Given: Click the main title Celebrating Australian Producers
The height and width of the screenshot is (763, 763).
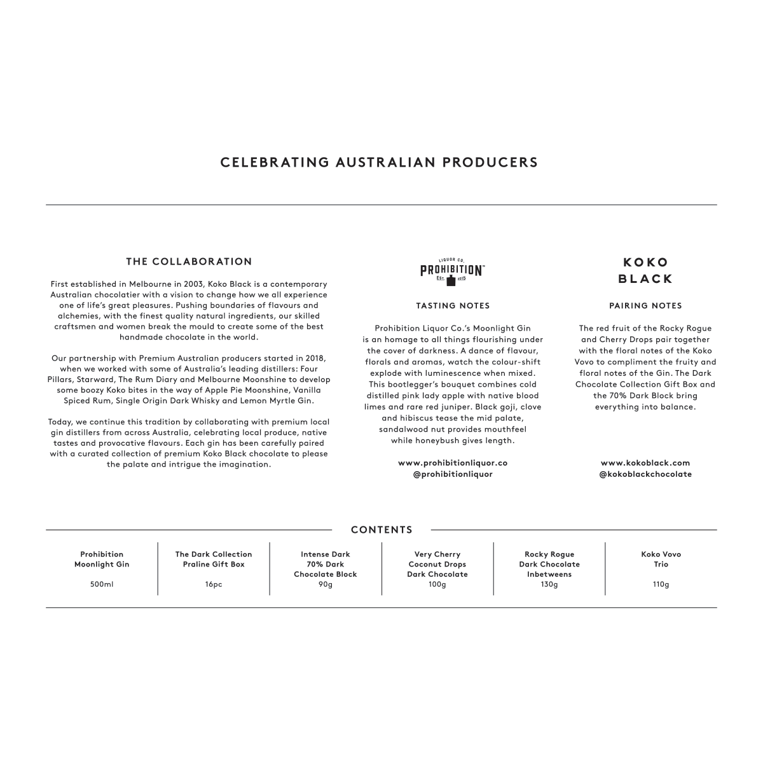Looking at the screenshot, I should [379, 162].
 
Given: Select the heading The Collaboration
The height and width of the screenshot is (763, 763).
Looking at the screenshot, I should [189, 261].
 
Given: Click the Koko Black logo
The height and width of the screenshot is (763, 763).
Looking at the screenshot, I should [645, 270].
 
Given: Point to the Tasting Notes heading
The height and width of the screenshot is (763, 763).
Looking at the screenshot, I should [453, 306].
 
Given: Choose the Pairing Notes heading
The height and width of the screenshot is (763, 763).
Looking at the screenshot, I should [645, 306].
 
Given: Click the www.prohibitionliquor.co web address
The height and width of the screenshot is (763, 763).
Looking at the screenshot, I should [453, 463].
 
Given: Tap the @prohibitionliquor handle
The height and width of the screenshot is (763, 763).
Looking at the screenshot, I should [453, 474].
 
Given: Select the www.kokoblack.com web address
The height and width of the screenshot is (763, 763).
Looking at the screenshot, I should [645, 463].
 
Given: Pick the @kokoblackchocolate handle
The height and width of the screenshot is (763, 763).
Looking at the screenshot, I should [645, 474].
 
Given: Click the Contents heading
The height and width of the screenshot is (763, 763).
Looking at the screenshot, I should [381, 530].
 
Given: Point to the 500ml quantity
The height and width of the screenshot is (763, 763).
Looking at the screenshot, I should [102, 584].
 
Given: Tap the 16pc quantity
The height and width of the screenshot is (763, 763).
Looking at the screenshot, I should [214, 584].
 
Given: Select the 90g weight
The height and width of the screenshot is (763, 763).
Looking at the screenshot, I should [326, 584].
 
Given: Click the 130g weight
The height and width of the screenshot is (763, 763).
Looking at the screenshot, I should [549, 584].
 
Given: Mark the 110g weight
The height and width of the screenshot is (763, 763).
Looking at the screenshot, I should [661, 584].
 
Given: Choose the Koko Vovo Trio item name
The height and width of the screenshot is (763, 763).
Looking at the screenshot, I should [661, 559].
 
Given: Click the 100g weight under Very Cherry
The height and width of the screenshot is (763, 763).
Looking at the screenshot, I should [437, 584].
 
